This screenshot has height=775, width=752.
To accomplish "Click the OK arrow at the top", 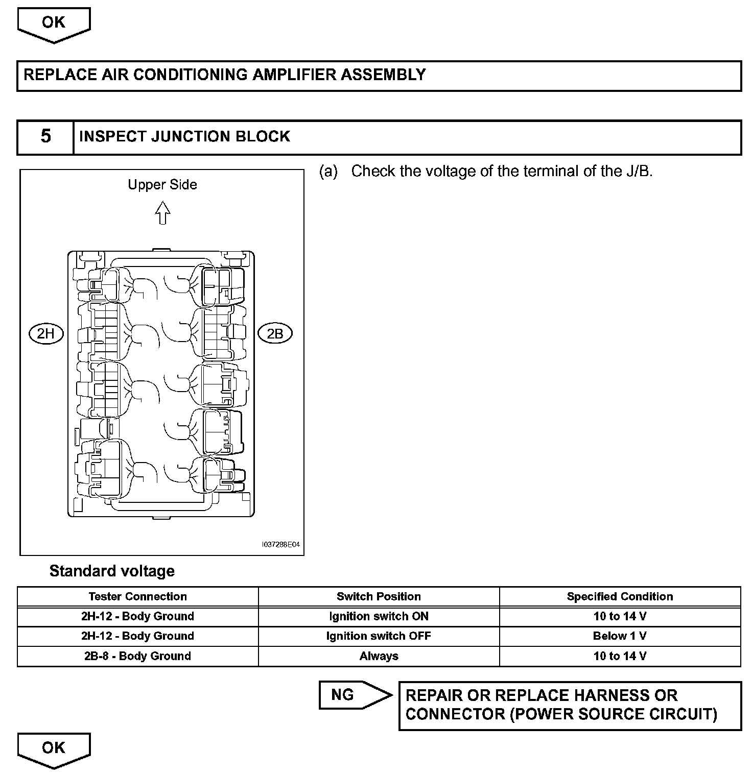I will point(54,23).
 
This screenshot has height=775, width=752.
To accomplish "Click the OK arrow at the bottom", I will point(54,748).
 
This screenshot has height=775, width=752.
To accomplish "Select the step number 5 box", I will point(45,137).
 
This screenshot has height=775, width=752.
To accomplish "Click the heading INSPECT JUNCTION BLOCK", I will point(184,137).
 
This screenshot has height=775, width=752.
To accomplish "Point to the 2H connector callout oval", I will point(45,334).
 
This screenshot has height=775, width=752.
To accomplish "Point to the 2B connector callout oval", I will point(275,334).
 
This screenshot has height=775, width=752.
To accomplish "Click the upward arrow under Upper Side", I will point(162,213).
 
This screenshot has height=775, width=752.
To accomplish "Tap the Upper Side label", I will point(162,185).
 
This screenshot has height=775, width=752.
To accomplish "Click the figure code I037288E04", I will point(280,545).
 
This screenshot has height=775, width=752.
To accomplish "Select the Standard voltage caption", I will point(112,571).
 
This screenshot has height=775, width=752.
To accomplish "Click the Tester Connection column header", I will point(137,596).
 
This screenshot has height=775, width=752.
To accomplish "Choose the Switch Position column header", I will point(379,596).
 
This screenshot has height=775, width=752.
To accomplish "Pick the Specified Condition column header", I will point(620,596).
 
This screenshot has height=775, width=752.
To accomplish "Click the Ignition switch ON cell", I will point(379,616).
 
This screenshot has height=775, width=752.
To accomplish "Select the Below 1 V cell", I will point(620,636).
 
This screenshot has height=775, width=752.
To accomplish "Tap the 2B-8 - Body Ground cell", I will point(137,656).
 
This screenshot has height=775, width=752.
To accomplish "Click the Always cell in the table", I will point(379,656).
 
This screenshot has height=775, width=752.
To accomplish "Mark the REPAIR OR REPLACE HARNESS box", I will point(570,705).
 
